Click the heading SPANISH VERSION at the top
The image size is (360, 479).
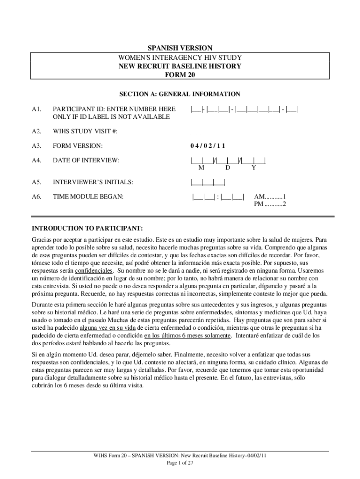coord(180,48)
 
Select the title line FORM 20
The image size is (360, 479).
coord(180,75)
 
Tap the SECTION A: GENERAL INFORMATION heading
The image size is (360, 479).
coord(180,94)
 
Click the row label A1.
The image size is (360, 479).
coord(37,109)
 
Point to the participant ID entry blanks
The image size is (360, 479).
coord(245,109)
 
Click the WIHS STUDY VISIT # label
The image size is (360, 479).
coord(85,131)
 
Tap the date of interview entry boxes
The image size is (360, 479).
coord(228,160)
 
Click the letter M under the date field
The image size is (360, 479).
coord(201,167)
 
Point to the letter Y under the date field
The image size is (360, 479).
coord(253,167)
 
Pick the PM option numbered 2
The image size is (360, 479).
coord(270,204)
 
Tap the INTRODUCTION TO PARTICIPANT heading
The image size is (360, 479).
coord(87,228)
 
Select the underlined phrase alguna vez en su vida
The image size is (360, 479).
coord(104,328)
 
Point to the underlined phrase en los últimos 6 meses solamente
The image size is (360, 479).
coord(187,335)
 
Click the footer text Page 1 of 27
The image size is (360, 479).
coord(180,463)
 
